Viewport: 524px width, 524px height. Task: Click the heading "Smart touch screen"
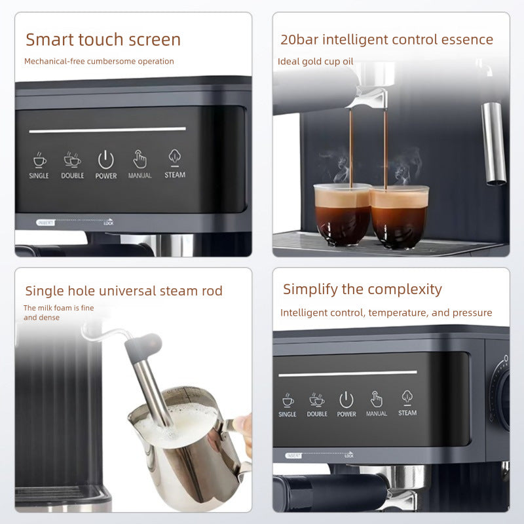[x=103, y=39]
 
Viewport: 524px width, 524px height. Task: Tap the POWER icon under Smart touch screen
[x=106, y=159]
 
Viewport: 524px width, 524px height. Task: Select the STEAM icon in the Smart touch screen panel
[x=175, y=158]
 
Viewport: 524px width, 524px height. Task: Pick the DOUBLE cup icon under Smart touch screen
[x=72, y=160]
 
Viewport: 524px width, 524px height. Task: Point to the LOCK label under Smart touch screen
[x=109, y=223]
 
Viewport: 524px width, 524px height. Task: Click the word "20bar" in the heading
[x=298, y=39]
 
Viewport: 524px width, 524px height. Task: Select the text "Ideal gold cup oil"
[x=314, y=62]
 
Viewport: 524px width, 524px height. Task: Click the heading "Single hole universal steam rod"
[x=124, y=291]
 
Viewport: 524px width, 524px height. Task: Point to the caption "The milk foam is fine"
[x=54, y=307]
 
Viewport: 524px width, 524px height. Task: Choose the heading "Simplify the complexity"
[x=362, y=289]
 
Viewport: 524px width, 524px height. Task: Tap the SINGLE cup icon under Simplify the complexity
[x=288, y=400]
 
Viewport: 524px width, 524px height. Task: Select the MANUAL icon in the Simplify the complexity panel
[x=377, y=399]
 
